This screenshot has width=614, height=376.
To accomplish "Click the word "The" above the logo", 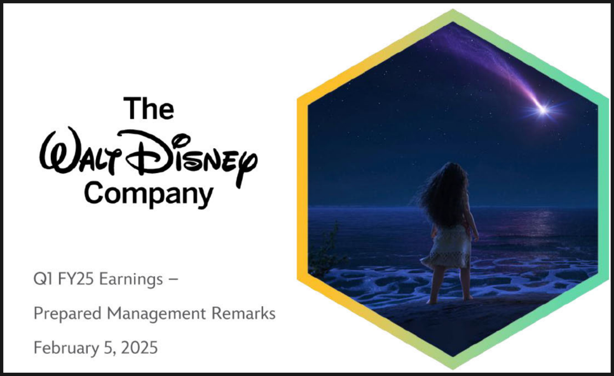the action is click(x=149, y=108).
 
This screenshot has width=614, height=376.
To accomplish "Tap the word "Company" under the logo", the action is click(x=149, y=194).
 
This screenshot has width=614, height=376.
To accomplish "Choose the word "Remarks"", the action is click(x=243, y=313).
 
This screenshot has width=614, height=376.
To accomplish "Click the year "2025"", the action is click(x=139, y=348).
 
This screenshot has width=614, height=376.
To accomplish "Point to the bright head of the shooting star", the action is click(x=543, y=110).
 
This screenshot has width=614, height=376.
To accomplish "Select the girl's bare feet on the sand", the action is click(x=450, y=300).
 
